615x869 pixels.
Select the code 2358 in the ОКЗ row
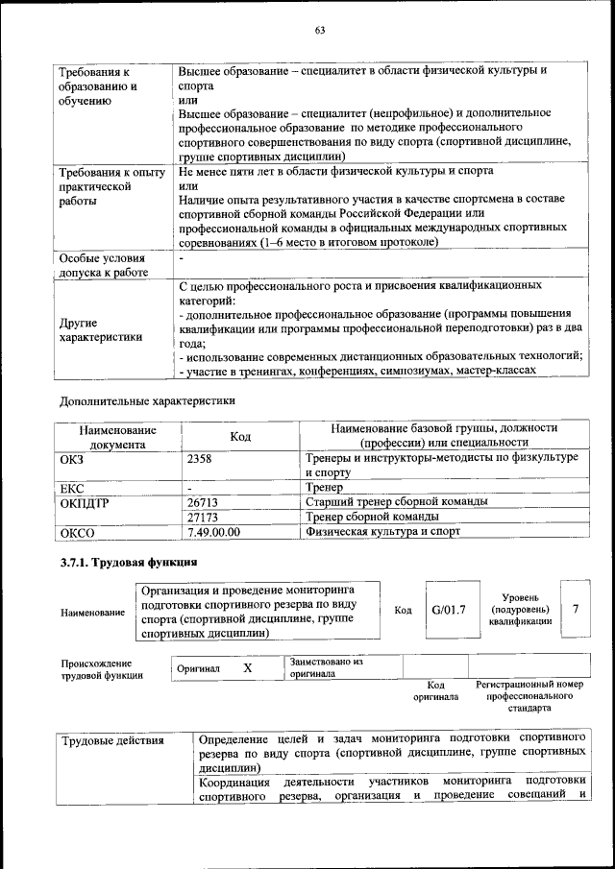(x=200, y=459)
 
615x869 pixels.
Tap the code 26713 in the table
(x=203, y=501)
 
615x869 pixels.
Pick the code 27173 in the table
(x=203, y=516)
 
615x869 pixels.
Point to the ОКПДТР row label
(x=86, y=502)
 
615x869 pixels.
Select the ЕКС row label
(x=73, y=488)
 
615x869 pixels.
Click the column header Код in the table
(x=240, y=437)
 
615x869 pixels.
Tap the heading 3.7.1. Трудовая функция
(x=129, y=563)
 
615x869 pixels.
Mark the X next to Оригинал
(x=247, y=668)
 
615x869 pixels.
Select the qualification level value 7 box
(x=576, y=610)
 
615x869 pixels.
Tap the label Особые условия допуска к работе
(x=104, y=265)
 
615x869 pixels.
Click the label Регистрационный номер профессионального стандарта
(x=529, y=696)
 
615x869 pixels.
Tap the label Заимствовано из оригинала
(x=326, y=667)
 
